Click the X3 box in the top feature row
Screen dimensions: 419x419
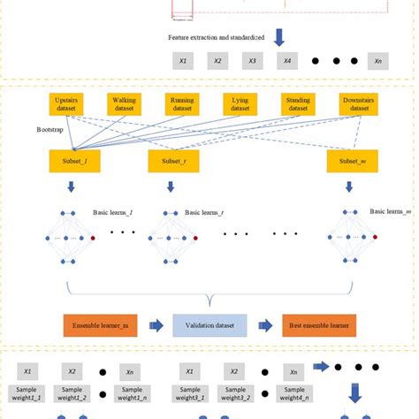coord(252,62)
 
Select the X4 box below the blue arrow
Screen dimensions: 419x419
coord(286,62)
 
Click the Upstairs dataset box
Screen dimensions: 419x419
coord(67,104)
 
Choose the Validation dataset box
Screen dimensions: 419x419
coord(209,325)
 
